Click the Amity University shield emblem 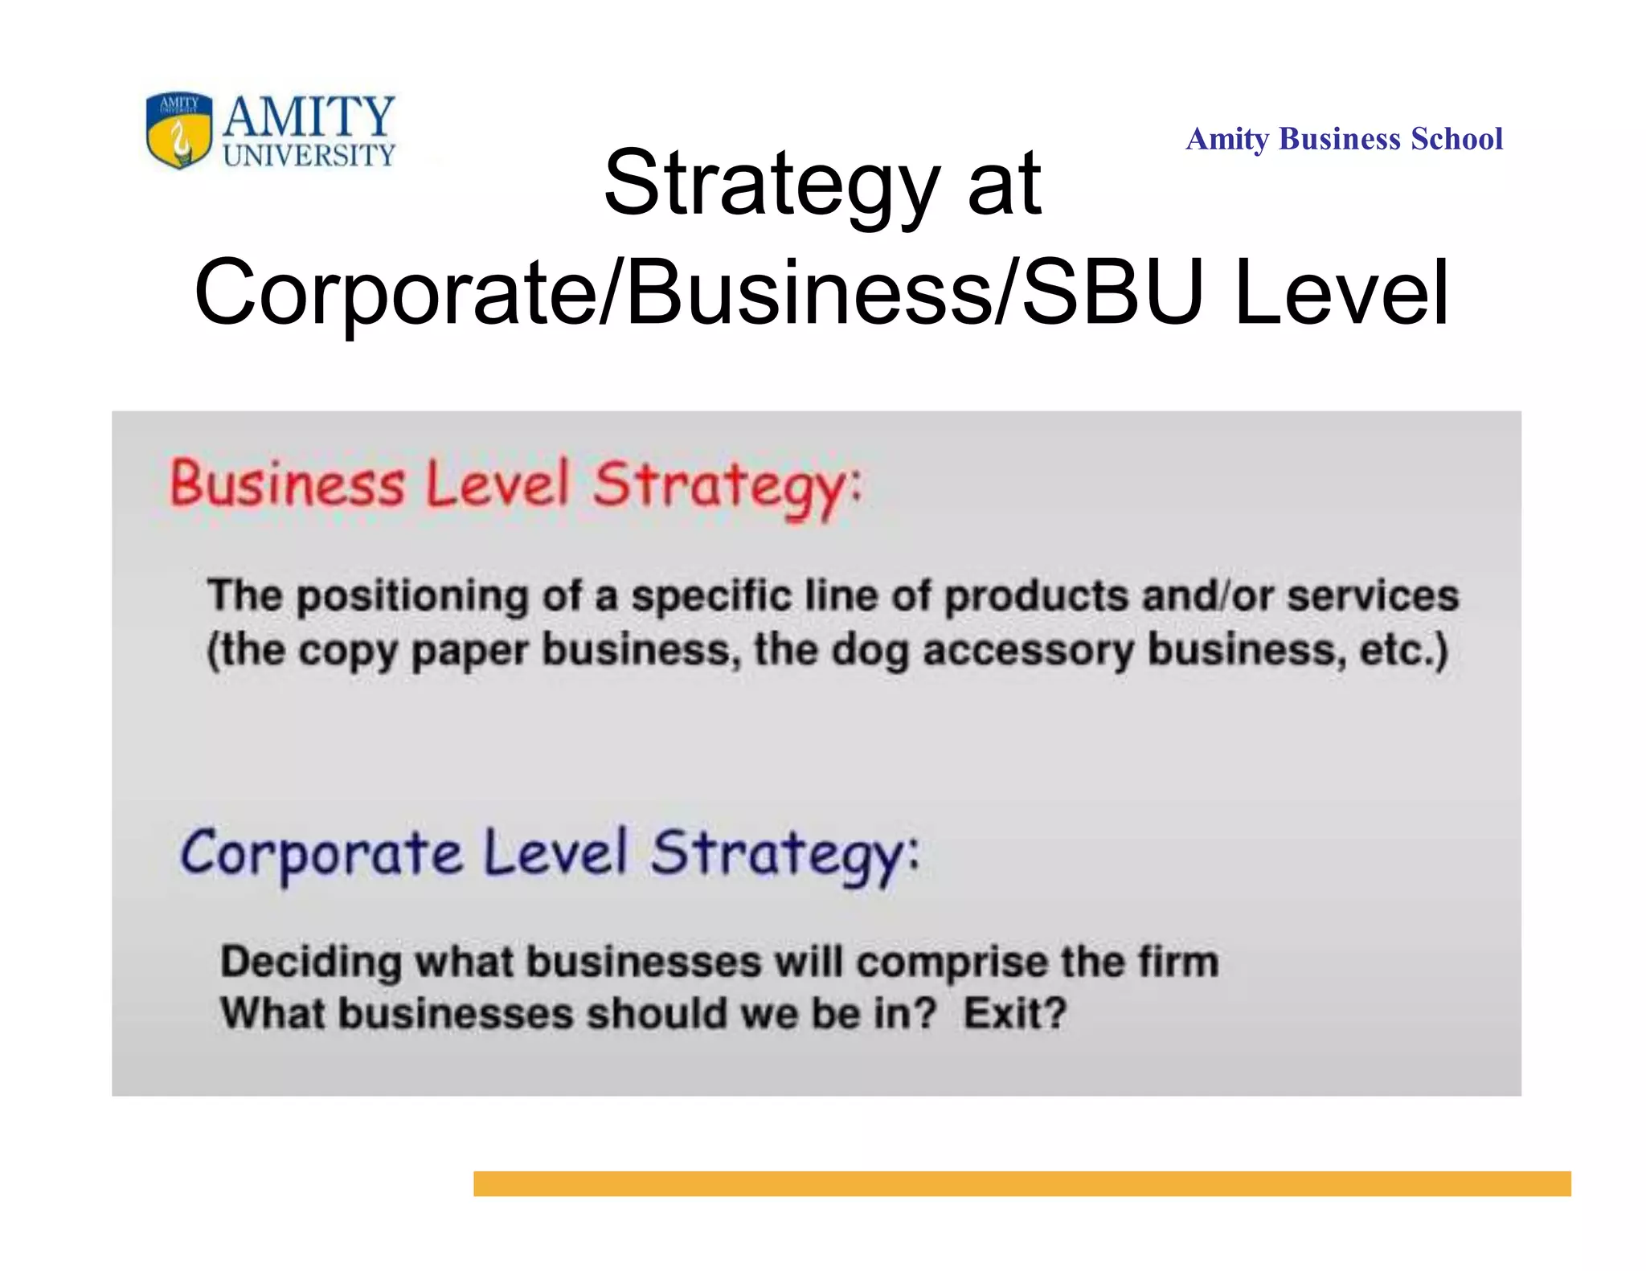(179, 129)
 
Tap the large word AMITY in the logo (309, 116)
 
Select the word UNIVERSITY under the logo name (309, 155)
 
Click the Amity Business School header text (1344, 139)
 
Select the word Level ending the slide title (1341, 292)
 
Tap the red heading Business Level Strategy (514, 485)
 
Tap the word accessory (1028, 651)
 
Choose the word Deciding (311, 962)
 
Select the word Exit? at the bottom (1015, 1013)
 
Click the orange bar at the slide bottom (1022, 1183)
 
